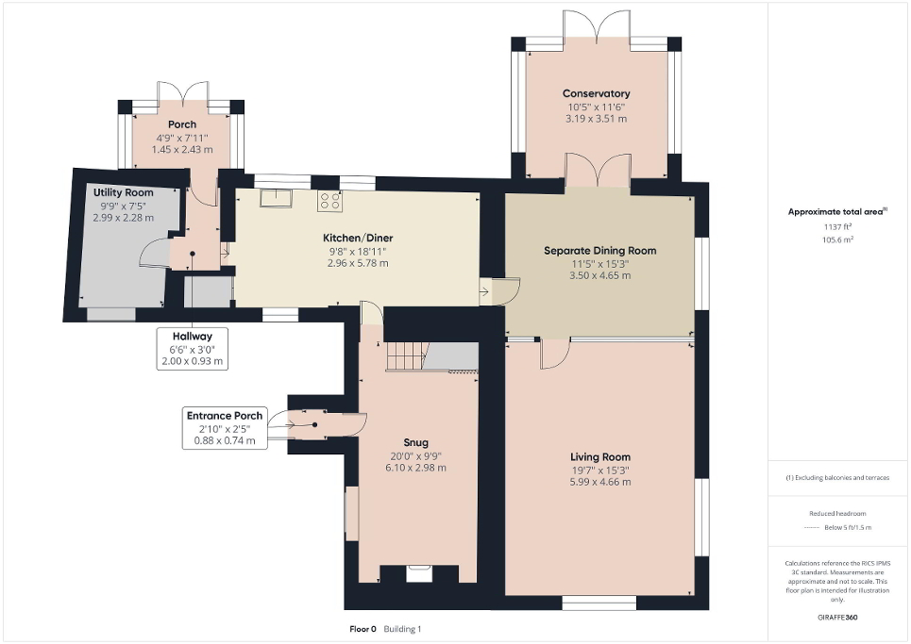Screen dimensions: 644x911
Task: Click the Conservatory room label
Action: coord(596,93)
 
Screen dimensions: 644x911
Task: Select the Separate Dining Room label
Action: coord(599,250)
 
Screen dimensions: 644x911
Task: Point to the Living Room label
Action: coord(599,456)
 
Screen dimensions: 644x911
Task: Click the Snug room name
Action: coord(415,442)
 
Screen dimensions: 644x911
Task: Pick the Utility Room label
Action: coord(123,192)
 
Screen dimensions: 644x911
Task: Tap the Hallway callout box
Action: coord(192,348)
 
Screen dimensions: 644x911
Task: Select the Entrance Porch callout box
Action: coord(225,427)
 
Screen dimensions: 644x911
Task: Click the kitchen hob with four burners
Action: coord(330,200)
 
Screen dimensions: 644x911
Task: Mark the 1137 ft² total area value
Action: coord(838,226)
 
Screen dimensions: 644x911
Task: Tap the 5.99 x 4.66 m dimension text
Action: coord(599,482)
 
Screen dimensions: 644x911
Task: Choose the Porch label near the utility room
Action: coord(182,124)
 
